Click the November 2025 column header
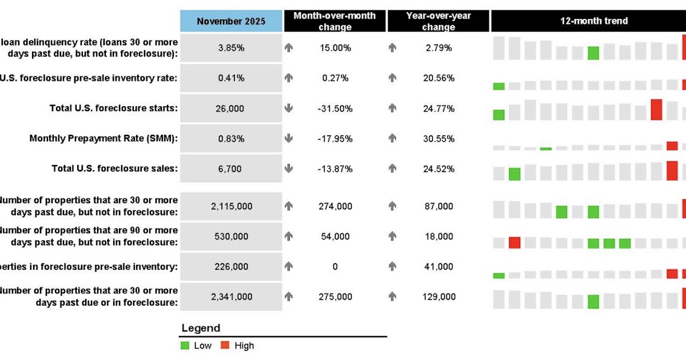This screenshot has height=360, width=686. click(231, 21)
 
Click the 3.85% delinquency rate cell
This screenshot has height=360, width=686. click(231, 48)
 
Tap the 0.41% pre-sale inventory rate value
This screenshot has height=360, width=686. click(231, 78)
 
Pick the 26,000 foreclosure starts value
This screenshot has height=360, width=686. click(231, 109)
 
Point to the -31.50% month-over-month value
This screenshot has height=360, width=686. click(335, 109)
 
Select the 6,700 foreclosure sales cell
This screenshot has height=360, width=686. click(231, 169)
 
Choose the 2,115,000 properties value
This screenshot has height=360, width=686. click(231, 206)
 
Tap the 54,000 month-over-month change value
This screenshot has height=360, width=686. click(335, 237)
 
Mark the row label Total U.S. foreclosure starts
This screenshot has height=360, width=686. click(114, 109)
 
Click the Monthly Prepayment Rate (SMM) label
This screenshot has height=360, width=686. click(103, 139)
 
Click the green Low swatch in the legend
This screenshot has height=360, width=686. click(185, 346)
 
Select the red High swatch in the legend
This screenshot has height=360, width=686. click(225, 346)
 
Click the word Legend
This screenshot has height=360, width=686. click(200, 329)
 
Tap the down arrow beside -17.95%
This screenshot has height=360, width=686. click(289, 139)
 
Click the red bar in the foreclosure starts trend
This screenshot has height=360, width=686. click(656, 109)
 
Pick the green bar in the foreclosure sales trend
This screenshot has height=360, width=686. click(514, 174)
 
